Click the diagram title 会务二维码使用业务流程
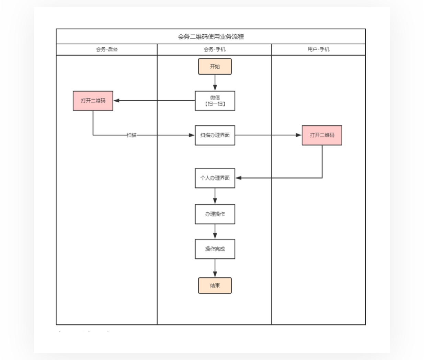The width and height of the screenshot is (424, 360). point(210,36)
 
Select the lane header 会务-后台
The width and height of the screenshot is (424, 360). point(107,49)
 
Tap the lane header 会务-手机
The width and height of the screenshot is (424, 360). point(215,49)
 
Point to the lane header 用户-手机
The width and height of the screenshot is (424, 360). point(318,49)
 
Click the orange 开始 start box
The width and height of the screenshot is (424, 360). point(215,66)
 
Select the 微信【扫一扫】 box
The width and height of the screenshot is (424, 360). point(215,101)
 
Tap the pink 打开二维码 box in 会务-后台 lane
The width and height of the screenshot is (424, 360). point(93,101)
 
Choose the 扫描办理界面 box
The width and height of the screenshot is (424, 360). point(215,135)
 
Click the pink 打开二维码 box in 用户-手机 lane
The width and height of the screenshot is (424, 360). point(322,135)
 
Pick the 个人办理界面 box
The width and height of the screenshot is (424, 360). point(215,178)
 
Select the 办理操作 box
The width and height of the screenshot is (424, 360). point(215,214)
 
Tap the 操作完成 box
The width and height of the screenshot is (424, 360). point(215,249)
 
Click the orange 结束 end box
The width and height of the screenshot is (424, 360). point(215,285)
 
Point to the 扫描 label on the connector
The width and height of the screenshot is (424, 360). point(132,135)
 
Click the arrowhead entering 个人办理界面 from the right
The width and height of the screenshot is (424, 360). point(239,178)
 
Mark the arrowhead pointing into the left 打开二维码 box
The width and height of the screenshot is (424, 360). point(117,101)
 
